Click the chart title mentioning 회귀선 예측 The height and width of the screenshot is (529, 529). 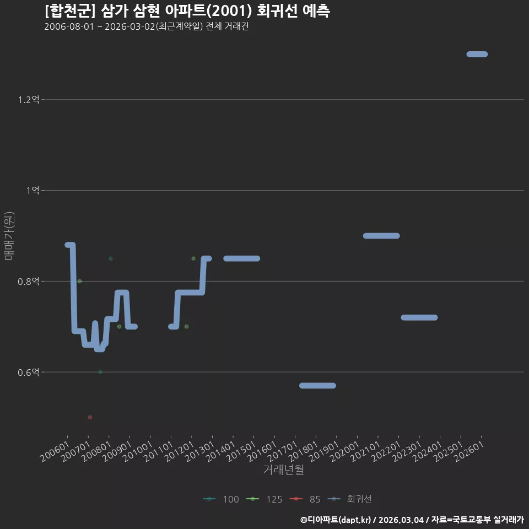[187, 11]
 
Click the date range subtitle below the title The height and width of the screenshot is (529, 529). [147, 26]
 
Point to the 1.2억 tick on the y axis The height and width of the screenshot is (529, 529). [29, 100]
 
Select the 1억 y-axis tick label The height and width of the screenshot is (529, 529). [33, 190]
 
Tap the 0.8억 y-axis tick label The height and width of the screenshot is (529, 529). [29, 281]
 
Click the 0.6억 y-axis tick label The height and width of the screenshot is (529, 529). [29, 372]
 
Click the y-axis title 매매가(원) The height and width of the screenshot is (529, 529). [9, 236]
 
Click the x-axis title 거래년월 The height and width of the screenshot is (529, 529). [283, 469]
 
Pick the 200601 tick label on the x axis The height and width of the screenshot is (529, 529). [55, 451]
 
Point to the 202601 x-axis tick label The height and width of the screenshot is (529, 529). [469, 451]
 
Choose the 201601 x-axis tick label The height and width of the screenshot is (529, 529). [262, 451]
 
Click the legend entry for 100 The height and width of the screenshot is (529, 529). [221, 499]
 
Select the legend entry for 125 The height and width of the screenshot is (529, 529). [264, 499]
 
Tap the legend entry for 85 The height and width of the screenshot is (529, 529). [305, 499]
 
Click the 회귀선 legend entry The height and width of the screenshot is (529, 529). [349, 499]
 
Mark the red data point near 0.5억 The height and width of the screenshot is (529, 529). [90, 417]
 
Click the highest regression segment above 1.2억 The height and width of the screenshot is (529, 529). [477, 54]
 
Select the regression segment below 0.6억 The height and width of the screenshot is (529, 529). [317, 386]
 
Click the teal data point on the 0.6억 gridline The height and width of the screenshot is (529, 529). [100, 372]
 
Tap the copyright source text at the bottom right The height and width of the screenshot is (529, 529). [412, 520]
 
